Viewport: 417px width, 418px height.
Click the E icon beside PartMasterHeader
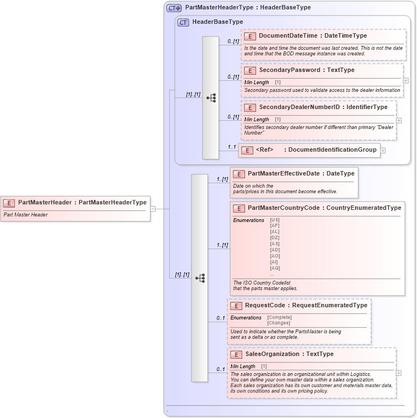pos(9,203)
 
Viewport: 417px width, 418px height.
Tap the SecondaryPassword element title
pos(289,70)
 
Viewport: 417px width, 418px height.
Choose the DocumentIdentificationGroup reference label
pos(330,149)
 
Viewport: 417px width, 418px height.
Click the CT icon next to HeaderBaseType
pos(183,22)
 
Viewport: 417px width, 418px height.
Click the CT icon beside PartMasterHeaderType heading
pos(174,8)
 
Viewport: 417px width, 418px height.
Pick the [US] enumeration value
pos(274,220)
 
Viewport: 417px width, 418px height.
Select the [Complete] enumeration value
pos(279,317)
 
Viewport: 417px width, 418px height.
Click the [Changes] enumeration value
pos(279,323)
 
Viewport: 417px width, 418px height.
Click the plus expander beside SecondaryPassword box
pos(406,80)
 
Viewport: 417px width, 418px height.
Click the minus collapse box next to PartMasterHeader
pos(153,209)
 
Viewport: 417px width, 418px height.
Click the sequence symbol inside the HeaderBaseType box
pos(211,98)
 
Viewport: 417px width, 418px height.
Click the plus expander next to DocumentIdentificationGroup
pos(383,150)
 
